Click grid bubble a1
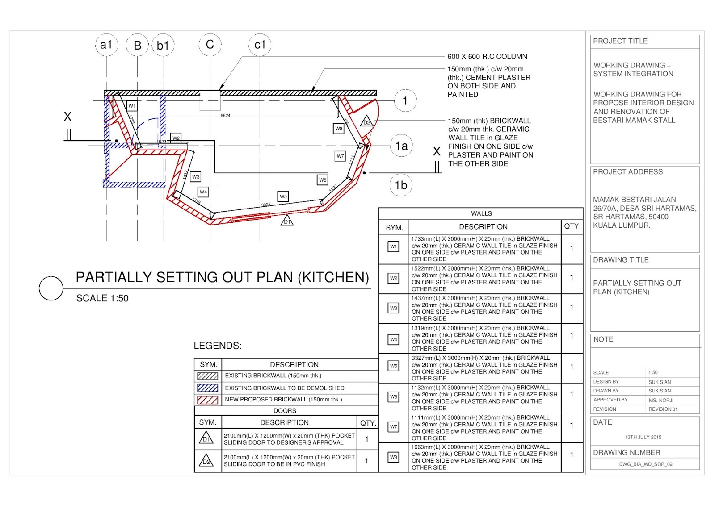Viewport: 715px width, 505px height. [x=106, y=45]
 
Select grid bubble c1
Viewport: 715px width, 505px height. [x=260, y=45]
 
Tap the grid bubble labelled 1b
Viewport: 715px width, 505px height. [x=401, y=185]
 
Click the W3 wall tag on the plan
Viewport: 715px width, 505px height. [x=195, y=177]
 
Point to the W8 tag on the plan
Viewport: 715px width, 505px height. [x=339, y=129]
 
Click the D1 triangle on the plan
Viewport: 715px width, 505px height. [x=287, y=221]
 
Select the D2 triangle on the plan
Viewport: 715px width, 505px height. [x=366, y=121]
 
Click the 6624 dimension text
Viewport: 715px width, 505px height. [x=225, y=116]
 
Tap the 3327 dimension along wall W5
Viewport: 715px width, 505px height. [x=266, y=205]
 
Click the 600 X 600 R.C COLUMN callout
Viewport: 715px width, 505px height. [x=487, y=57]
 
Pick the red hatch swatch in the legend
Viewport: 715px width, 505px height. [x=207, y=400]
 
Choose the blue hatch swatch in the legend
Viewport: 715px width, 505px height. [x=207, y=388]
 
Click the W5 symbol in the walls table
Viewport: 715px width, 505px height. [x=393, y=366]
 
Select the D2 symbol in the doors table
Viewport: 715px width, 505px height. [x=206, y=461]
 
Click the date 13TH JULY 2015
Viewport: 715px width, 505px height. [x=643, y=437]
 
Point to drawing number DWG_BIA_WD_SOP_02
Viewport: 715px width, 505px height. [x=645, y=464]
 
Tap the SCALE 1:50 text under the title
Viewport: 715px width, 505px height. [x=102, y=298]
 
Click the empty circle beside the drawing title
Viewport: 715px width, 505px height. [x=51, y=288]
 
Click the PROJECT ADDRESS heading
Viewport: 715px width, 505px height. [x=627, y=172]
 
